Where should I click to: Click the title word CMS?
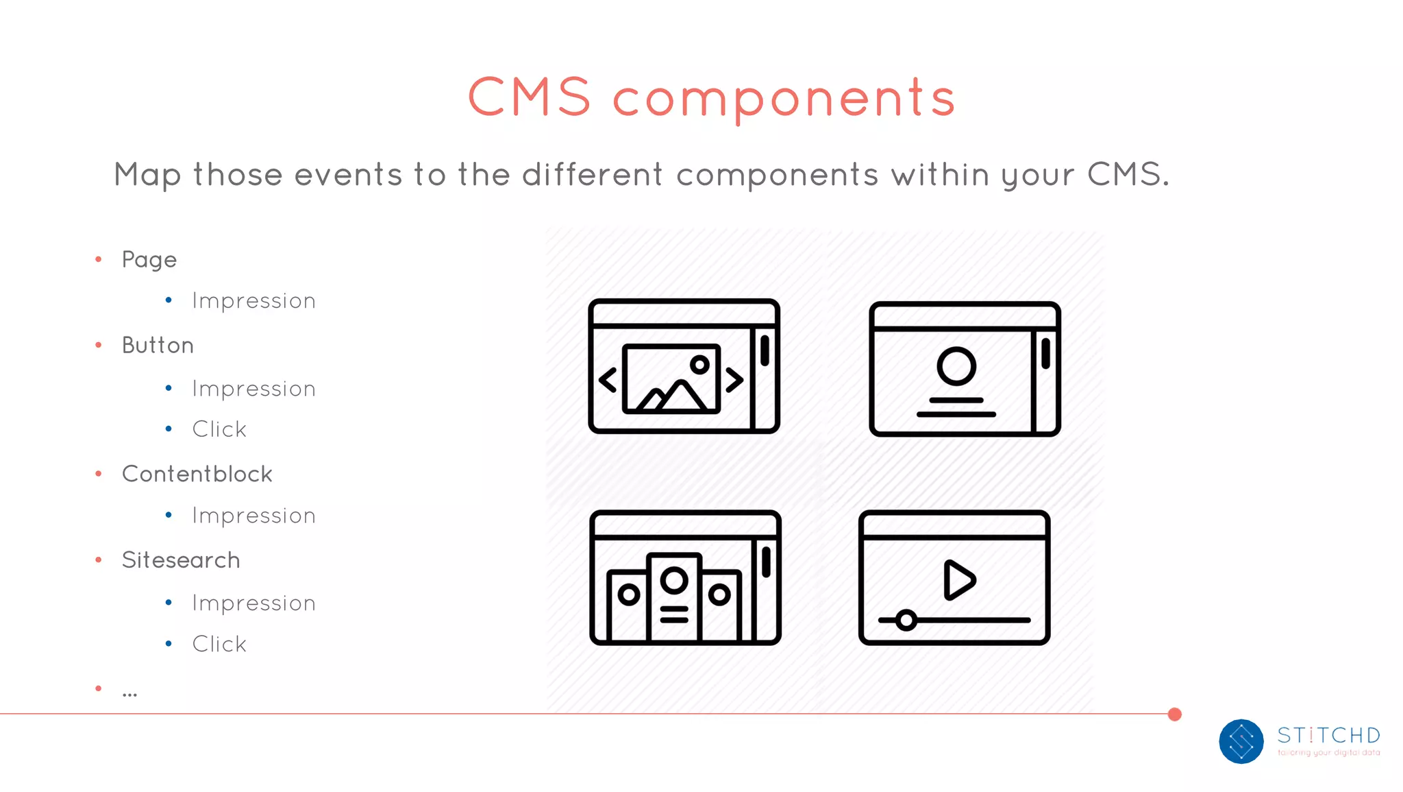point(529,97)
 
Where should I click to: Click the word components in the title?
point(784,99)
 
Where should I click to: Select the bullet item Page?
point(149,260)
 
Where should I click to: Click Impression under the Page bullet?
point(253,301)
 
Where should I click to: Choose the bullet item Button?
point(158,345)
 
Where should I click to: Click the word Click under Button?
point(219,429)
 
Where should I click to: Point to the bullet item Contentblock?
point(197,474)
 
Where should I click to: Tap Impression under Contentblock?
point(253,516)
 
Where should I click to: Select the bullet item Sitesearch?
point(181,560)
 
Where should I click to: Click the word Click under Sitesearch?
point(219,644)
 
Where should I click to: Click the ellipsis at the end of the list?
point(129,693)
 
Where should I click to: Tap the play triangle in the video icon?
point(958,580)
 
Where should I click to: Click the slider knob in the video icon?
point(906,621)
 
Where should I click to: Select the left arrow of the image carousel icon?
point(608,380)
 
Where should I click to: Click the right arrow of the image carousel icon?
point(734,380)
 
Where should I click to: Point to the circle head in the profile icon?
point(956,365)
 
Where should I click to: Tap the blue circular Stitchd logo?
point(1241,741)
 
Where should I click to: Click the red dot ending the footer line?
point(1175,715)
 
